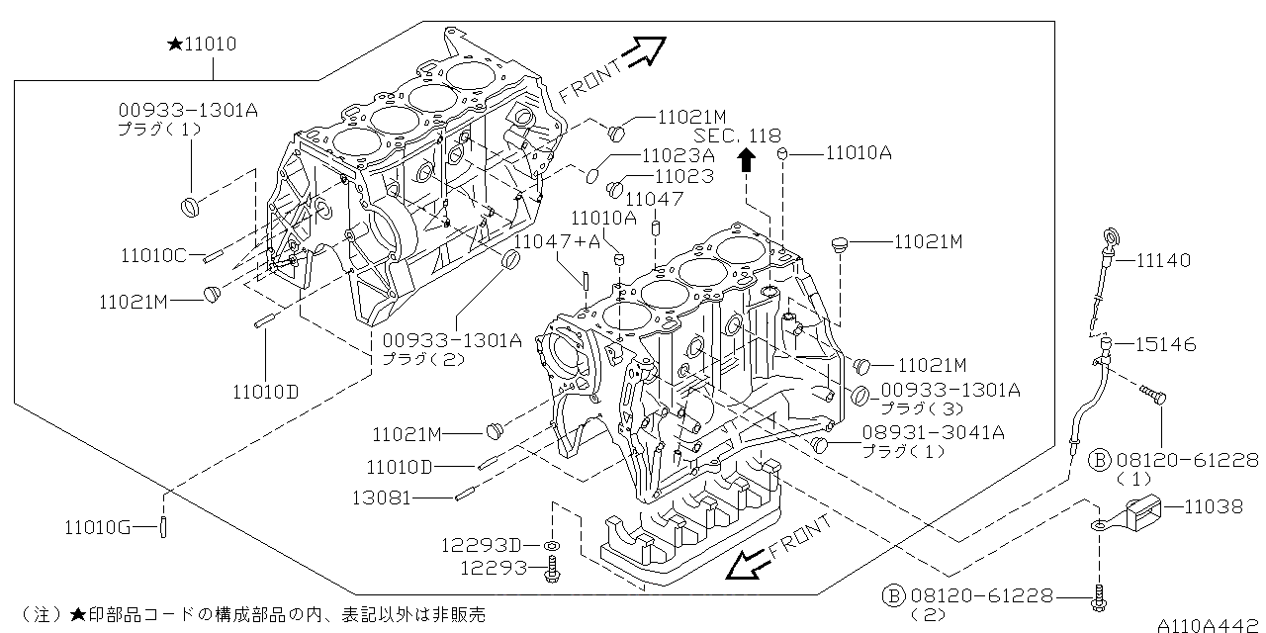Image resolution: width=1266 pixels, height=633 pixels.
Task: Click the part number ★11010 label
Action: tap(203, 45)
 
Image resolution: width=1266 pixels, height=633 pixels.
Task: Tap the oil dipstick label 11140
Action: tap(1163, 260)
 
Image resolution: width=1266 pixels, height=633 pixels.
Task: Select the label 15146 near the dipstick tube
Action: tap(1164, 345)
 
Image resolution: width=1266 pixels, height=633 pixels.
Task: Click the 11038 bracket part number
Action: tap(1213, 507)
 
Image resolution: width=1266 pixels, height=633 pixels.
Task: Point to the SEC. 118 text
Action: tap(737, 136)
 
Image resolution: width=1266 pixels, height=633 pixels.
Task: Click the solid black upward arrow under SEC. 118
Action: tap(748, 160)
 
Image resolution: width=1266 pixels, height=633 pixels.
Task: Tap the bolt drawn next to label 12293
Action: tap(552, 569)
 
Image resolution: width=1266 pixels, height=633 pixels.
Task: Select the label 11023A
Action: tap(678, 155)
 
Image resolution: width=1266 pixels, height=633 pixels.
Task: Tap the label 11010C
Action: tap(153, 256)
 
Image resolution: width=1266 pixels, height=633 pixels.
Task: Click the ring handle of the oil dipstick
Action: tap(1112, 236)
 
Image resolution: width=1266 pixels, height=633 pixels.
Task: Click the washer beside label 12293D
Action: tap(551, 546)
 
